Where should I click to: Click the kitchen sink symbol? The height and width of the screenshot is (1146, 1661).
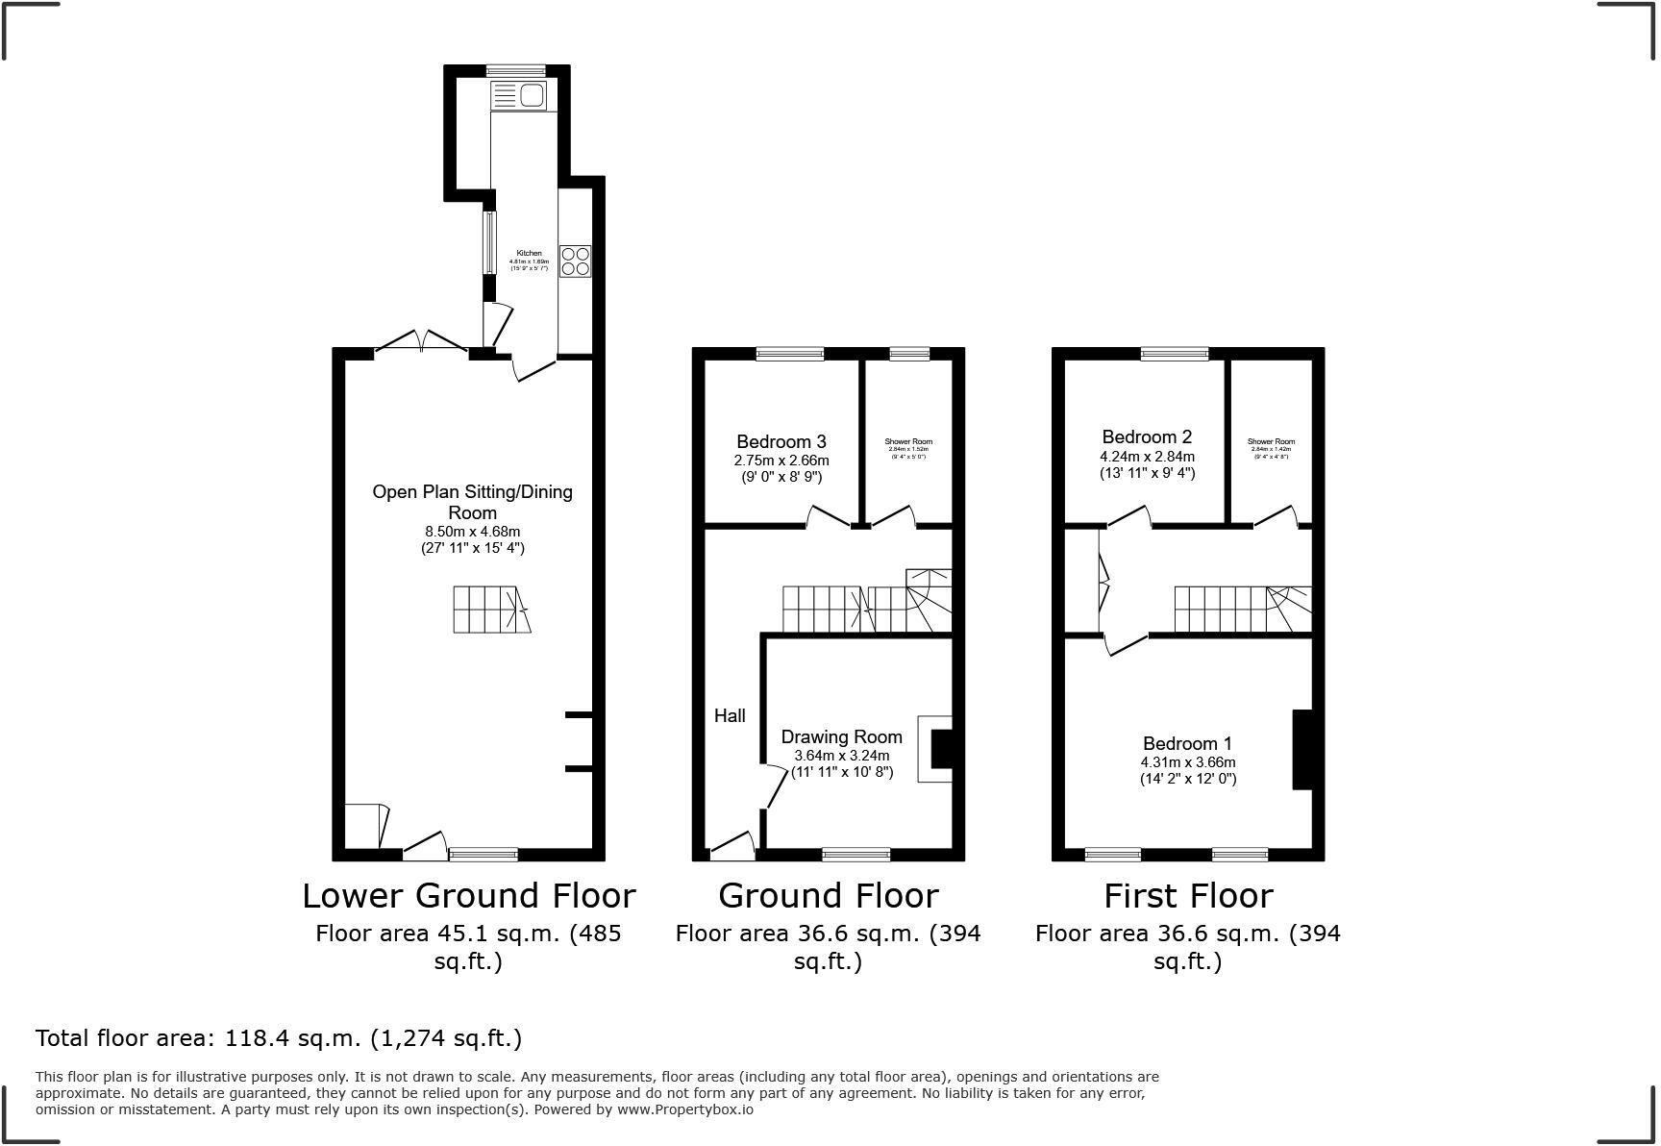519,95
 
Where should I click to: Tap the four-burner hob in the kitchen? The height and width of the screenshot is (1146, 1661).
575,262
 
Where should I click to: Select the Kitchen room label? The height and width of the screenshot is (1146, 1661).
529,253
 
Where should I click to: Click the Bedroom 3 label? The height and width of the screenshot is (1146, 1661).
781,441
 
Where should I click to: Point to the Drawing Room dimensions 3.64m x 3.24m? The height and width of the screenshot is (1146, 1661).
841,755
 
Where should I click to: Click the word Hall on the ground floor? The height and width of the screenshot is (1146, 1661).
730,715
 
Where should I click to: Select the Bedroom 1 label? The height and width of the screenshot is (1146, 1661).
1187,743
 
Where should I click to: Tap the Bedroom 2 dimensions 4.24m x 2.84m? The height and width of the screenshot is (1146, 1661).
1147,456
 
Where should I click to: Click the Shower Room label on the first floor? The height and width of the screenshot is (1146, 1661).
1271,442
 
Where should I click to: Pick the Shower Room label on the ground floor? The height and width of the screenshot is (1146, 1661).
908,442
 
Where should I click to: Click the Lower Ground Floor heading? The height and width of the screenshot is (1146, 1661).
469,895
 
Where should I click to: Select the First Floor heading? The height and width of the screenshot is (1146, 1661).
1188,895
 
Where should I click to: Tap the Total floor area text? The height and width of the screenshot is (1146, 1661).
279,1038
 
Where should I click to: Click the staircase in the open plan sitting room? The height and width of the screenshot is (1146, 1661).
491,610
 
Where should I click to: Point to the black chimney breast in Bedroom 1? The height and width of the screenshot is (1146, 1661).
1302,750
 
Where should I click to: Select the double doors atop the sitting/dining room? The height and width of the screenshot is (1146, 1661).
421,341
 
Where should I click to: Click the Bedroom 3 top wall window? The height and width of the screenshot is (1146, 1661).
790,354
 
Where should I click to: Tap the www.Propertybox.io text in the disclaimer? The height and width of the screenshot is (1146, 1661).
685,1109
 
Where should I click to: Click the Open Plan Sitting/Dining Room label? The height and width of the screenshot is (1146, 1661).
472,501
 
